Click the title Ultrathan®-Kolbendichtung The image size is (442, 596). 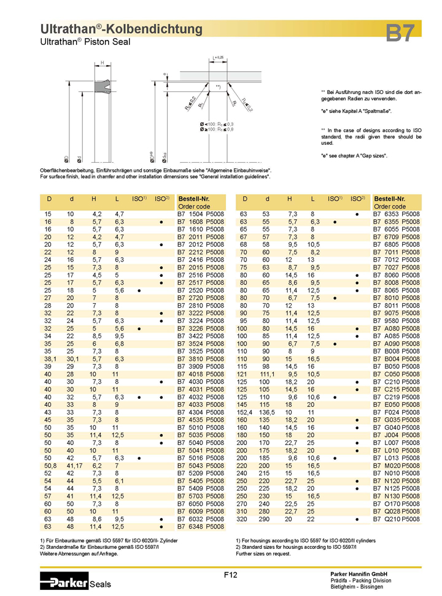point(121,29)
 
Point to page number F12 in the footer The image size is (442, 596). point(231,575)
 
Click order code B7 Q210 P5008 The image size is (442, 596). point(397,519)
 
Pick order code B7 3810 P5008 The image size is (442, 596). point(201,358)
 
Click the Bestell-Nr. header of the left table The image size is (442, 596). point(193,199)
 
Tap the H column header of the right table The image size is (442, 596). point(289,199)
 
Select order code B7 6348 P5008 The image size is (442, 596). point(201,527)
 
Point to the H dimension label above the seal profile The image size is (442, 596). point(102,63)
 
